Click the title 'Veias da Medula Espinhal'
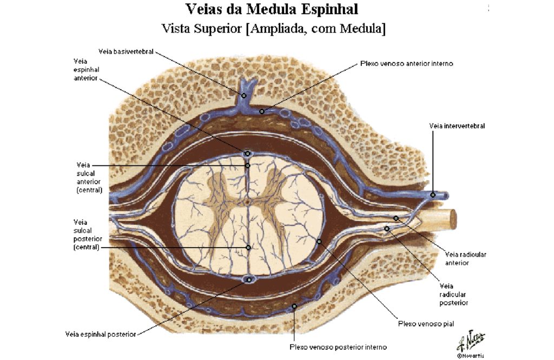click(272, 10)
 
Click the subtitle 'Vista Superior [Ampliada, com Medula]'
click(273, 29)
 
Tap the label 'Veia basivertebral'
click(126, 51)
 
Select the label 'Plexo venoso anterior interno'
click(407, 64)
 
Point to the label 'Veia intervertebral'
click(457, 125)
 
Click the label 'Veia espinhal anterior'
click(87, 70)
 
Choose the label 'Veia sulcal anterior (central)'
click(89, 177)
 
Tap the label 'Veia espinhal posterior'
click(101, 334)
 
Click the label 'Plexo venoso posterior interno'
click(338, 347)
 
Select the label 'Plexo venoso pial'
click(426, 324)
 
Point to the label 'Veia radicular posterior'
click(454, 295)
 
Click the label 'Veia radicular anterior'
click(465, 258)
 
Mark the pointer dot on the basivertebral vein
click(243, 95)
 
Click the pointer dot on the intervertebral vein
click(432, 195)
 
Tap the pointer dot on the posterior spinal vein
click(249, 280)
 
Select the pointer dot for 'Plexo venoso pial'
click(319, 242)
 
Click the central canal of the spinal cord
click(247, 202)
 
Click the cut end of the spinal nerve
click(452, 219)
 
